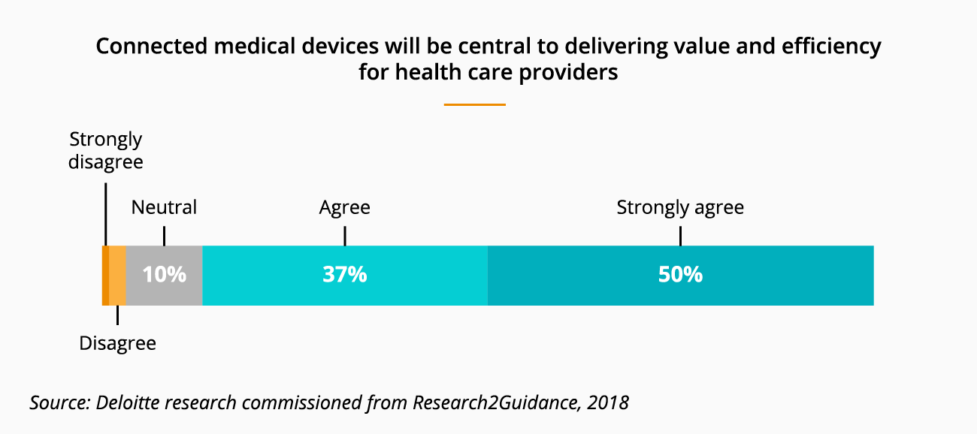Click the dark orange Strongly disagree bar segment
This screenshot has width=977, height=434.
tap(105, 275)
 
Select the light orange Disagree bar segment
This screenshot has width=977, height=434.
tap(117, 275)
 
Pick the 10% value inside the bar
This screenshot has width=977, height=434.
tap(165, 275)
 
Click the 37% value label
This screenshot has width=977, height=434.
tap(344, 275)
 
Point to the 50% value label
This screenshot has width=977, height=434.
tap(680, 275)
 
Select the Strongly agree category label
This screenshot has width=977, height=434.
tap(680, 208)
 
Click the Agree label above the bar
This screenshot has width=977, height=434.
tap(344, 208)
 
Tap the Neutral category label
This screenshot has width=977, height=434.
tap(164, 208)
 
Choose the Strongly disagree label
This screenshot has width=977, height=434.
tap(105, 151)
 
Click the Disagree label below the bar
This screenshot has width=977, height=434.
tap(118, 344)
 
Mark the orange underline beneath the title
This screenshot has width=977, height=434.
tap(474, 104)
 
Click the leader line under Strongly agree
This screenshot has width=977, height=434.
tap(680, 234)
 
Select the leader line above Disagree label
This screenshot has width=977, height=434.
tap(118, 315)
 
